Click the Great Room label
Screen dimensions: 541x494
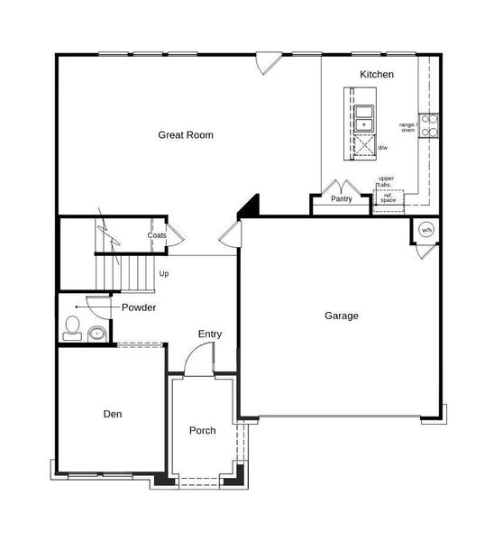coord(186,135)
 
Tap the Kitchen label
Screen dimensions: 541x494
coord(376,74)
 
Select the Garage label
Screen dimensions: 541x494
coord(342,316)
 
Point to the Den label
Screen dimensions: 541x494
coord(112,414)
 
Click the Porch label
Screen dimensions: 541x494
coord(202,430)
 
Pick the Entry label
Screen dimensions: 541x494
coord(210,335)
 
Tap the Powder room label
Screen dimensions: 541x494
coord(139,307)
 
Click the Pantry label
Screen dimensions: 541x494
coord(341,199)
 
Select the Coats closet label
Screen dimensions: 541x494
coord(157,235)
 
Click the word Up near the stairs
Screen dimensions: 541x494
coord(164,273)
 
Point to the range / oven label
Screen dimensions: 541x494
coord(408,127)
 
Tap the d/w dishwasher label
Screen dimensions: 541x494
coord(382,148)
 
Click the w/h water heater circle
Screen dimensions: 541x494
coord(425,230)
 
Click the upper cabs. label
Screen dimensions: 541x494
coord(386,182)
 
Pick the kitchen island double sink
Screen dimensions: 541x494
coord(364,117)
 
